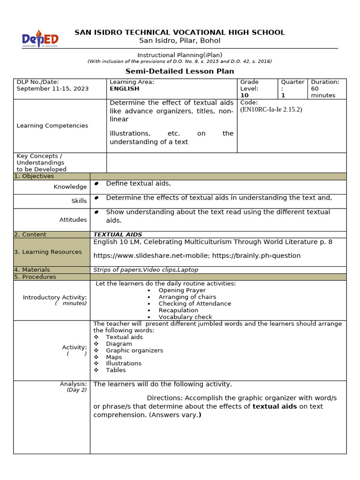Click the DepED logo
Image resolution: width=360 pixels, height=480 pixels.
41,38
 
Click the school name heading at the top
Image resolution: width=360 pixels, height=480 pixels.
180,32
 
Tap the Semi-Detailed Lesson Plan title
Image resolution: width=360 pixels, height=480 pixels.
180,71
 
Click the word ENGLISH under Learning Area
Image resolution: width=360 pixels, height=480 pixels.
124,89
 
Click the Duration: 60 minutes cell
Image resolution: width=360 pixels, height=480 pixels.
327,89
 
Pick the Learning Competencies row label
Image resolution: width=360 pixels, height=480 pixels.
52,126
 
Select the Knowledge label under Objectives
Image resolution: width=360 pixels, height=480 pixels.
70,187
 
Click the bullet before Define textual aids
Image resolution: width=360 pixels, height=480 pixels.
97,184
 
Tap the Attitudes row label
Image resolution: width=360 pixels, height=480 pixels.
73,219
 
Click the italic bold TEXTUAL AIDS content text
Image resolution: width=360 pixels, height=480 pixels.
118,234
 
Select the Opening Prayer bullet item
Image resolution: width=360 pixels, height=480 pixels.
182,290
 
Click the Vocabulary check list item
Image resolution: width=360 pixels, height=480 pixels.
185,317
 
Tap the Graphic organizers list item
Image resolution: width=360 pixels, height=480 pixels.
135,350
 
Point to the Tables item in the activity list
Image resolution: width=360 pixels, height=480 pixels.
116,370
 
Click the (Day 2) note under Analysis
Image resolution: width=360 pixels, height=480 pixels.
76,390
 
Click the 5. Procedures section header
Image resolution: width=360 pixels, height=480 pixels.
35,277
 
